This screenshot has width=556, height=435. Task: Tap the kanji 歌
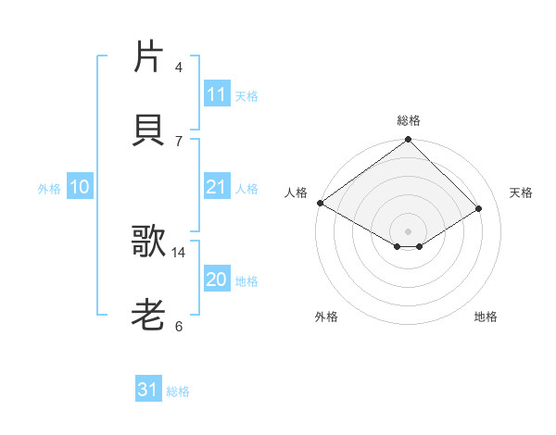pyautogui.click(x=148, y=242)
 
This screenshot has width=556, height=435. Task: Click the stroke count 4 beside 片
pyautogui.click(x=178, y=68)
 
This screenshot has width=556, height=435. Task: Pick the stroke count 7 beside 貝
pyautogui.click(x=178, y=141)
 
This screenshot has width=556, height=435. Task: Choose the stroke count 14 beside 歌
pyautogui.click(x=179, y=252)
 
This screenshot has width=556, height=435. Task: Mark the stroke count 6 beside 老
pyautogui.click(x=178, y=326)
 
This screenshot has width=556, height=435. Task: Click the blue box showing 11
pyautogui.click(x=216, y=94)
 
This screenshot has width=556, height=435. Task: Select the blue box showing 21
pyautogui.click(x=216, y=187)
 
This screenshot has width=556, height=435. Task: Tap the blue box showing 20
pyautogui.click(x=216, y=280)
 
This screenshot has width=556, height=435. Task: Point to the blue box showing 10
pyautogui.click(x=79, y=188)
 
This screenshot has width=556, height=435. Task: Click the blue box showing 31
pyautogui.click(x=148, y=390)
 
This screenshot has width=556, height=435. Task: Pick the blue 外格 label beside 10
pyautogui.click(x=49, y=189)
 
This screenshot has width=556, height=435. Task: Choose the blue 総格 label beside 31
pyautogui.click(x=178, y=391)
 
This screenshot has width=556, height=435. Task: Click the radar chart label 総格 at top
pyautogui.click(x=408, y=120)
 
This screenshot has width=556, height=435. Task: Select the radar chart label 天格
pyautogui.click(x=521, y=193)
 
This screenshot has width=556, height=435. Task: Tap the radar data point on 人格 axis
pyautogui.click(x=320, y=203)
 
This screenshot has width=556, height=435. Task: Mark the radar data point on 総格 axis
pyautogui.click(x=408, y=141)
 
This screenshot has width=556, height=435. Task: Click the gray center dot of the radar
pyautogui.click(x=408, y=230)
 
